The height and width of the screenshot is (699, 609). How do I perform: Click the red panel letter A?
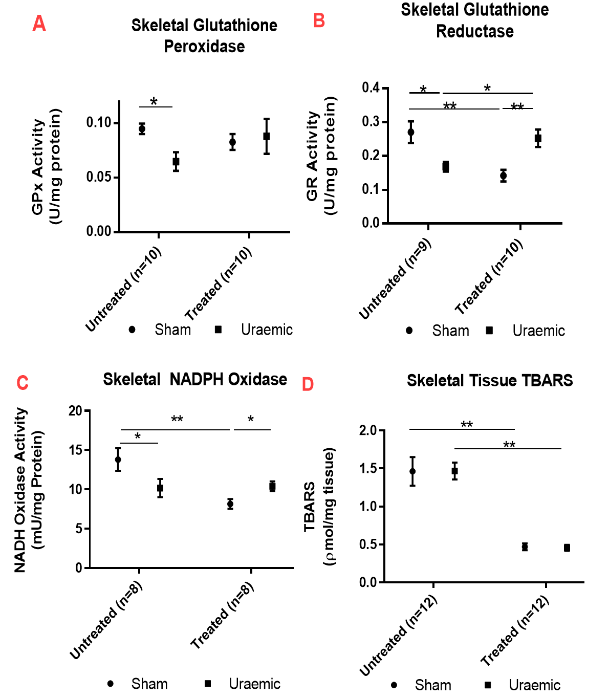pyautogui.click(x=39, y=24)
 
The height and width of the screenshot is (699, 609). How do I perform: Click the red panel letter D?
pyautogui.click(x=308, y=384)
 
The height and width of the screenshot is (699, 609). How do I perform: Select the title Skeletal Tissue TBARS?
pyautogui.click(x=489, y=380)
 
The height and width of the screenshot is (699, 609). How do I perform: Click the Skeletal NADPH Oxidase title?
pyautogui.click(x=195, y=379)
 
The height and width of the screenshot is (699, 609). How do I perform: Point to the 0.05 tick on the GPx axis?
pyautogui.click(x=99, y=177)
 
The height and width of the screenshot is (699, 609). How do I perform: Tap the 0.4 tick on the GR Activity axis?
pyautogui.click(x=371, y=88)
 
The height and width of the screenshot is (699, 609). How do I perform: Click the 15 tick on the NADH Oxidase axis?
pyautogui.click(x=76, y=450)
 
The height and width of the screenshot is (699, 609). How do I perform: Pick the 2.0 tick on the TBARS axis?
pyautogui.click(x=368, y=430)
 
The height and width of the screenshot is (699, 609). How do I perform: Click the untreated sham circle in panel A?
pyautogui.click(x=142, y=129)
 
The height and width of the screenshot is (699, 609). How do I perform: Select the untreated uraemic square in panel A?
pyautogui.click(x=176, y=162)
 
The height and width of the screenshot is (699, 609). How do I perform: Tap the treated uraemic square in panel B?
pyautogui.click(x=538, y=138)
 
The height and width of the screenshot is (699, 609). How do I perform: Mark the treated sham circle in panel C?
pyautogui.click(x=230, y=504)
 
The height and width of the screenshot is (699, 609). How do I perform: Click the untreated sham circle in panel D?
pyautogui.click(x=412, y=471)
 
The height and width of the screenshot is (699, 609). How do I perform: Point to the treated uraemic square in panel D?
pyautogui.click(x=567, y=548)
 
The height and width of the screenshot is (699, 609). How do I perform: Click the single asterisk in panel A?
pyautogui.click(x=154, y=101)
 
